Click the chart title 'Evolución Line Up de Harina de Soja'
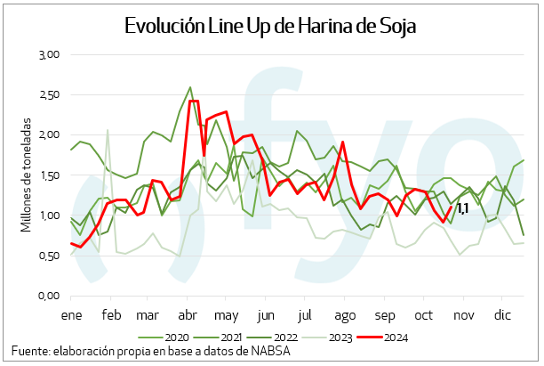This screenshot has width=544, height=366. [x=272, y=26]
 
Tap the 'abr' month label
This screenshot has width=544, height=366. [x=188, y=315]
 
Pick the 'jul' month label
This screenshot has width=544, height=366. [x=305, y=315]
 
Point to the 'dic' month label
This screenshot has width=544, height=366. [x=504, y=315]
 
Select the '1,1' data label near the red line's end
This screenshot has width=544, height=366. [x=462, y=209]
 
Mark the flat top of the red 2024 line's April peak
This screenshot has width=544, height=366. [x=194, y=102]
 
